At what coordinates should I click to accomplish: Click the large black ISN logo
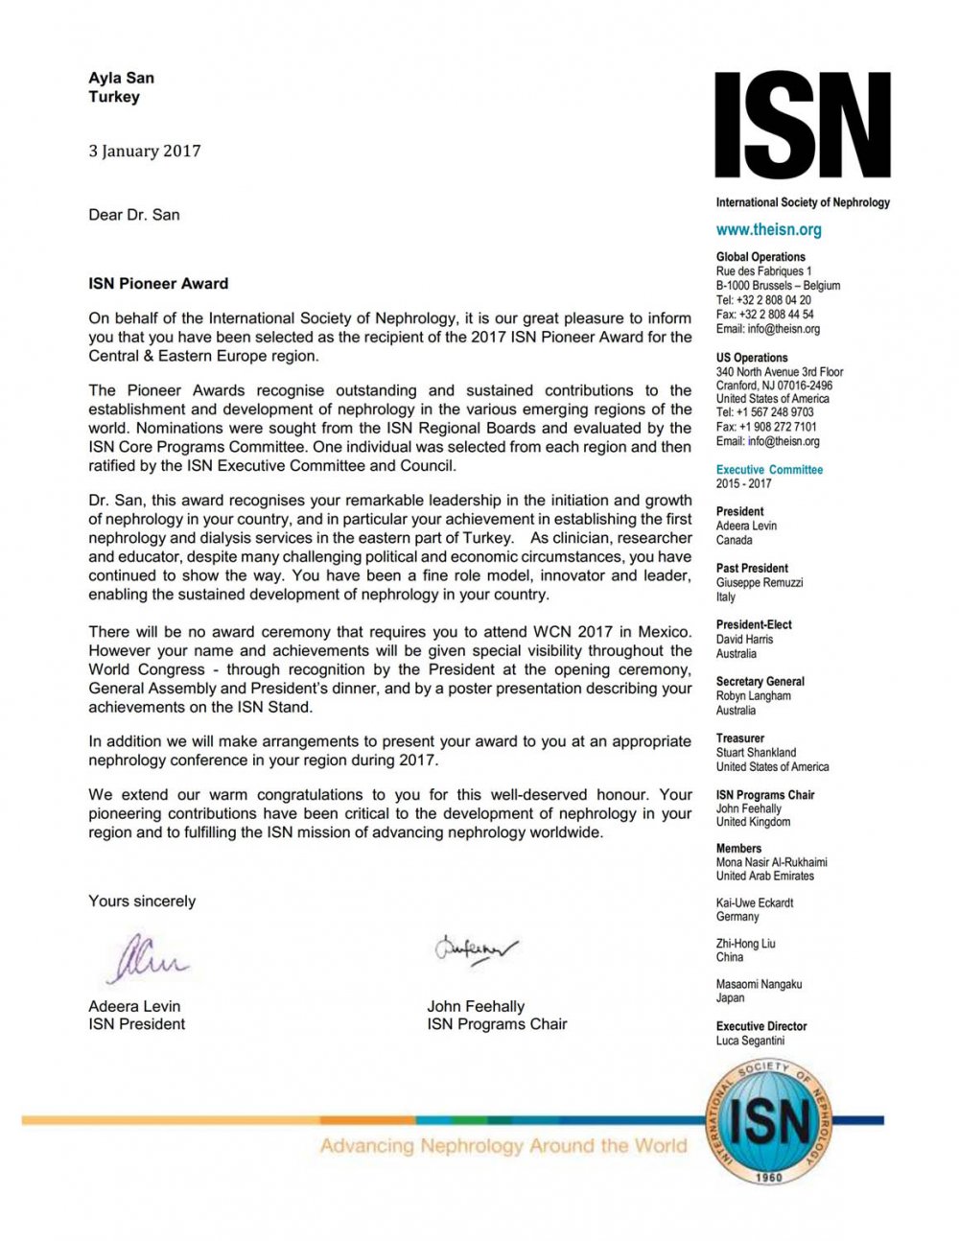tap(803, 125)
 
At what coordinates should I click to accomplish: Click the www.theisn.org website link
tap(768, 229)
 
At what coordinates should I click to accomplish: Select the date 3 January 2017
tap(145, 151)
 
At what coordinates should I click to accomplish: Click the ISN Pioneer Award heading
tap(158, 283)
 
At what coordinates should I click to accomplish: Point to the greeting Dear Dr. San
tap(134, 215)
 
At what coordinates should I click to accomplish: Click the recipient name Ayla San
tap(121, 78)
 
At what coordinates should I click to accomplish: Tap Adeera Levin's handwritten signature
tap(146, 958)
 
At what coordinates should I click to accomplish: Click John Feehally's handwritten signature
tap(477, 949)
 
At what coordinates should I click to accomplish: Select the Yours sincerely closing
tap(142, 901)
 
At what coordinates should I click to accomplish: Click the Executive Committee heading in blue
tap(769, 470)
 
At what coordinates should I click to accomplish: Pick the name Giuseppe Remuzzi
tap(760, 582)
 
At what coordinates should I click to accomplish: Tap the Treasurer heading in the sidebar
tap(740, 738)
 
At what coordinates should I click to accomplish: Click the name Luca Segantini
tap(750, 1041)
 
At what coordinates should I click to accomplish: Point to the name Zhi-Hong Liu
tap(746, 944)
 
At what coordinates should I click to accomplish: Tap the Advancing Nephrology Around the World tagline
tap(503, 1145)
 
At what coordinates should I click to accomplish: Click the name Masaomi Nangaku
tap(759, 984)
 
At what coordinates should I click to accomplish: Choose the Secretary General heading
tap(760, 682)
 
